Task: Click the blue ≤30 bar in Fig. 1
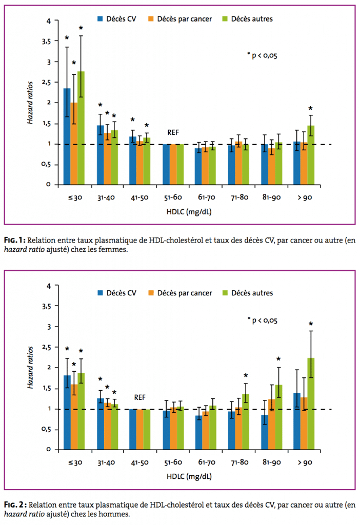(67, 136)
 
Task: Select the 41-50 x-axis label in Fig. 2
(140, 462)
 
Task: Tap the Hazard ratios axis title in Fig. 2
(31, 368)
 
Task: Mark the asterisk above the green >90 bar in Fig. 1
(311, 109)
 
